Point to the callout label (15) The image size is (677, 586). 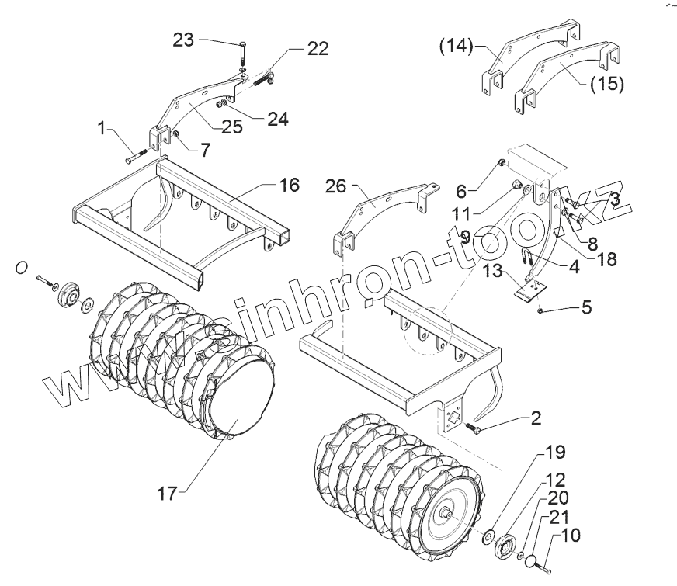tap(606, 83)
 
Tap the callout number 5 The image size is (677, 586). tap(585, 307)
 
